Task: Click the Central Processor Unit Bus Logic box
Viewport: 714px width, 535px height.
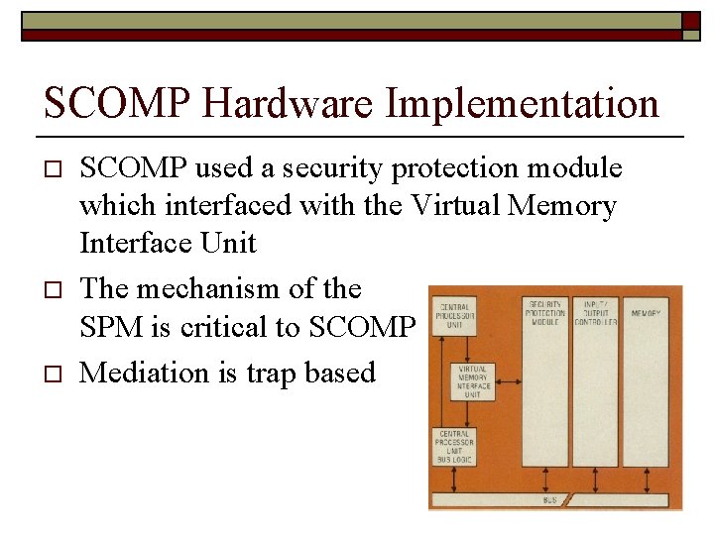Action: click(x=455, y=447)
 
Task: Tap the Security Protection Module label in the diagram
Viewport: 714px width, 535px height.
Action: click(x=545, y=312)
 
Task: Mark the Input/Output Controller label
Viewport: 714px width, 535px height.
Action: click(x=595, y=312)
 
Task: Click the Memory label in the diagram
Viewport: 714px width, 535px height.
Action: click(x=646, y=313)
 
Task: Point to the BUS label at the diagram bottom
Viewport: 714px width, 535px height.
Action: click(x=549, y=501)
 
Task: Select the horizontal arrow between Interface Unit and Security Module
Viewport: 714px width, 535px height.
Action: click(x=508, y=381)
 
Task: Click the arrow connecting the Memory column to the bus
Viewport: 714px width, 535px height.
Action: click(x=646, y=481)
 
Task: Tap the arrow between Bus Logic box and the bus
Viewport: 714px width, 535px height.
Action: click(x=455, y=481)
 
